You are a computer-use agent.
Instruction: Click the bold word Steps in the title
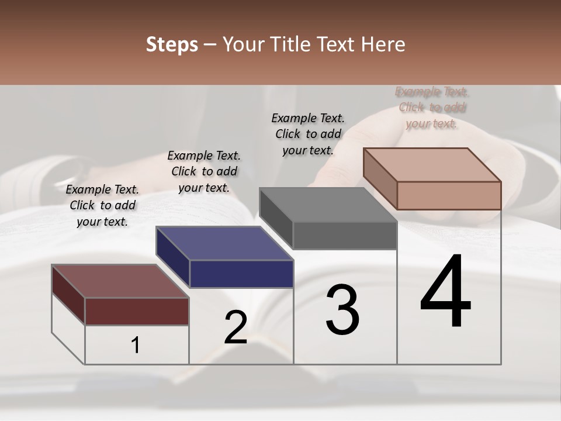[x=172, y=44]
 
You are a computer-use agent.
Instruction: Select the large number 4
[x=445, y=292]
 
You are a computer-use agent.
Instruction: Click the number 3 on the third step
[x=342, y=310]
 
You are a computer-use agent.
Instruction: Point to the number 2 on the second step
[x=236, y=327]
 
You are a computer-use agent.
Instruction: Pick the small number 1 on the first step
[x=136, y=346]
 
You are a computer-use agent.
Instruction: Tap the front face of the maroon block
[x=137, y=311]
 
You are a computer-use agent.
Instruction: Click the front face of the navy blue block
[x=241, y=274]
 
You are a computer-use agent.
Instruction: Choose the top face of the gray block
[x=328, y=205]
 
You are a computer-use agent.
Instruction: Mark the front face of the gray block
[x=345, y=235]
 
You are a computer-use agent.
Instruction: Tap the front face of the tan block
[x=449, y=195]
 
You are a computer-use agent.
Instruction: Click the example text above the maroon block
[x=102, y=205]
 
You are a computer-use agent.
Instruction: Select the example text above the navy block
[x=204, y=171]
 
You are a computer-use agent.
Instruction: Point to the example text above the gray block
[x=308, y=134]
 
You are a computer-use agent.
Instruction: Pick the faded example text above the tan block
[x=432, y=108]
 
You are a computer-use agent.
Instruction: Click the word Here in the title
[x=382, y=44]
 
